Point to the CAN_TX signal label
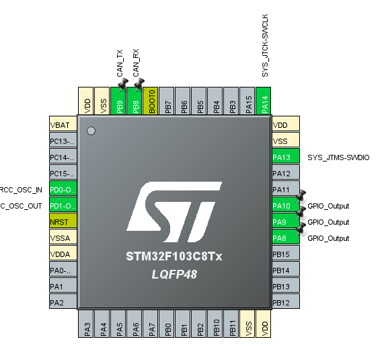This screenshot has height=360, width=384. click(120, 62)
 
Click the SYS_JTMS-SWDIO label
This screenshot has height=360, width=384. click(338, 157)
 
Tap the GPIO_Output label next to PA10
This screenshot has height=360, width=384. click(328, 206)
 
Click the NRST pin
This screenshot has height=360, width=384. click(63, 222)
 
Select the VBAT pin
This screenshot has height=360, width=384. click(63, 125)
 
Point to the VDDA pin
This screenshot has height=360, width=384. click(63, 254)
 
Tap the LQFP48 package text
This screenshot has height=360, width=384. click(175, 276)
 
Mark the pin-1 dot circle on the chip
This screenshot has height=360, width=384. click(91, 130)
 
